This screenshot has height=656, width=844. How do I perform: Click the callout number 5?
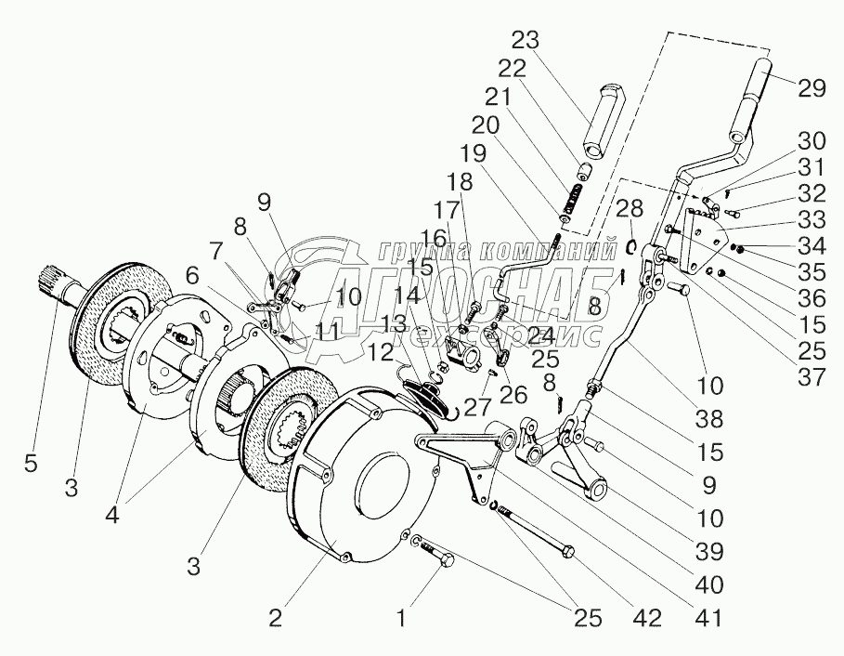pos(32,463)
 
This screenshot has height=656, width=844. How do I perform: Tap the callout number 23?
pos(525,40)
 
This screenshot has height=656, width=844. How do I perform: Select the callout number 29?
pos(812,87)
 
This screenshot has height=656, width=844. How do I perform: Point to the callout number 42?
pos(647,618)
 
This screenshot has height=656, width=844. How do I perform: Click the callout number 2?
pos(275,618)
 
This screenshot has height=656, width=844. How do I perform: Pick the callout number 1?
pos(401,618)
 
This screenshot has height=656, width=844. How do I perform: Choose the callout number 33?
pos(812,219)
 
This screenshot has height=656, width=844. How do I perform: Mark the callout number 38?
pos(709,418)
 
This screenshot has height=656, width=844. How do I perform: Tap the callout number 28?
pos(630,208)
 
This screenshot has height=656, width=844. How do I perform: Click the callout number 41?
pos(709,618)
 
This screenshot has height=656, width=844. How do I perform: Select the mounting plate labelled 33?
pos(703,240)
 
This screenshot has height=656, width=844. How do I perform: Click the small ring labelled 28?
pos(633,246)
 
